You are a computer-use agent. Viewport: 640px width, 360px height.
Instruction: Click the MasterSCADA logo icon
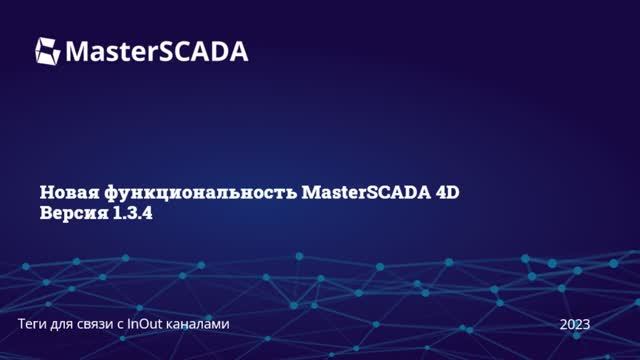pos(48,50)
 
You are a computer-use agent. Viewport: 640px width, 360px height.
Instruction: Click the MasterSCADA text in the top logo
pos(157,50)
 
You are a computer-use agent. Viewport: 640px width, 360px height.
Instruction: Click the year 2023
pos(575,324)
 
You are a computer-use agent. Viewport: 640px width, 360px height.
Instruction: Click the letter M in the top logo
pos(78,50)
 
